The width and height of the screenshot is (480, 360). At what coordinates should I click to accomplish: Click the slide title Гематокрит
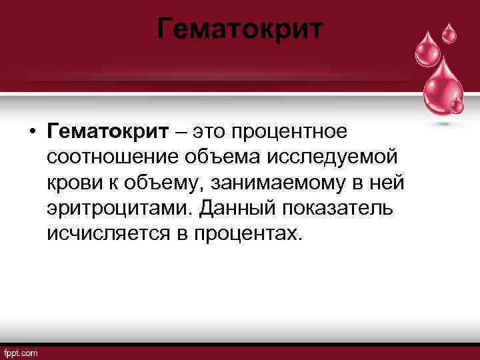coord(241,29)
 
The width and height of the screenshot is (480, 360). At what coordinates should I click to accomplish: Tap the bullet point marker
coord(32,131)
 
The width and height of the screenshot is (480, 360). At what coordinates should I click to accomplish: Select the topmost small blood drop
coord(451,31)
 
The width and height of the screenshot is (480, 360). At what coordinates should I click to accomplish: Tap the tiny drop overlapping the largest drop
coord(457,105)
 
